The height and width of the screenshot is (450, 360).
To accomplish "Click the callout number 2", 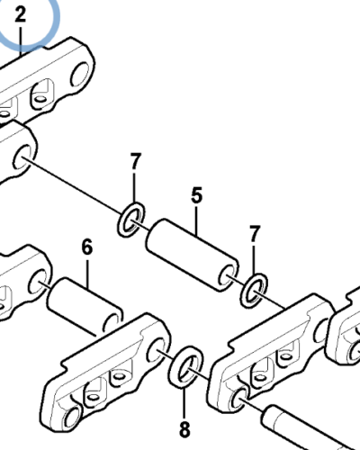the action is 21,14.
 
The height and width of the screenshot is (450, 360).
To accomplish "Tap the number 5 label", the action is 196,195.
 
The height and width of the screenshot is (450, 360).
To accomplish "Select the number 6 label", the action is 87,247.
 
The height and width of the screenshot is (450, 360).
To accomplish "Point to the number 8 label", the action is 184,429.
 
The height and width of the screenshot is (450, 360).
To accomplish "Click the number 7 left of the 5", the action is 136,161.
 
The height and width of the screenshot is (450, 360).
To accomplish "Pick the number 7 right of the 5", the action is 255,234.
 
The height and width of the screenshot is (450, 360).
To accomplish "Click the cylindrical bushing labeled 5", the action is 193,255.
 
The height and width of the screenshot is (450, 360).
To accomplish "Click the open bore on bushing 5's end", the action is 226,274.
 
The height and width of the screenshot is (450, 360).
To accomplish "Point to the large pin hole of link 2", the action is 80,74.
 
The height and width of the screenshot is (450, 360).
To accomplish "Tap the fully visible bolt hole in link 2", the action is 40,98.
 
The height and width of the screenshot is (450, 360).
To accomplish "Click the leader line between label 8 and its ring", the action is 184,403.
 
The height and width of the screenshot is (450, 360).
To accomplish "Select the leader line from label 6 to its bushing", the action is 87,274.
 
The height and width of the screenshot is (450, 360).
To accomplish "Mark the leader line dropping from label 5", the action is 196,220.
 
